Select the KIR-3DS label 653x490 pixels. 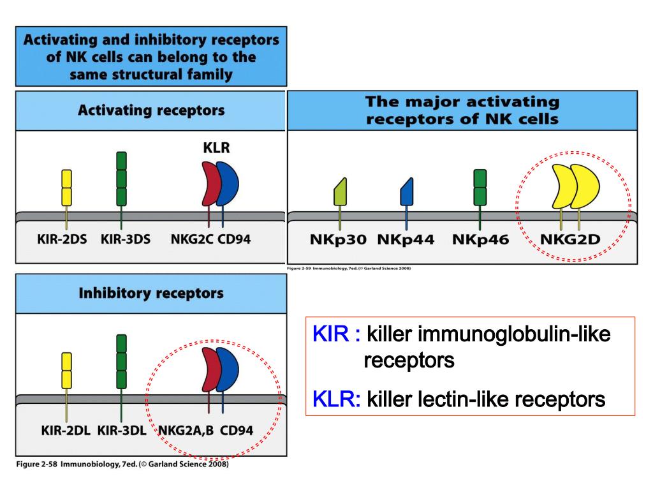[126, 240]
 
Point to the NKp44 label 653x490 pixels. [406, 240]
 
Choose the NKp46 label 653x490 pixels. [480, 240]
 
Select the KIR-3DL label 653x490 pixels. [122, 430]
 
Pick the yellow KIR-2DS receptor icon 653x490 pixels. [66, 188]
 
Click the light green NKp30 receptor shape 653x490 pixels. [340, 192]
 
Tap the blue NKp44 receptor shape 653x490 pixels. [407, 192]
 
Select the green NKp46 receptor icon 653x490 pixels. [480, 187]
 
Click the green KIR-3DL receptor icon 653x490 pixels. [121, 362]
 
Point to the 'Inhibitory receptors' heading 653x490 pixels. [150, 293]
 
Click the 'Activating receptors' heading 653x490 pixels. [150, 110]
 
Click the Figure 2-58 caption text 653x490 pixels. [121, 464]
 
